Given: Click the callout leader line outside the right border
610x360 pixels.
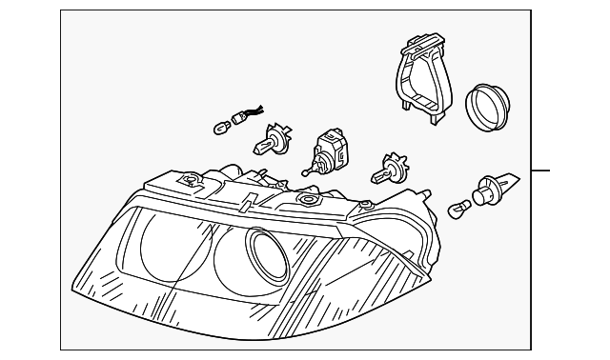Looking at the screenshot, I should pyautogui.click(x=541, y=170).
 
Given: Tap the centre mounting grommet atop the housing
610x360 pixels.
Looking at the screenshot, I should pyautogui.click(x=307, y=199).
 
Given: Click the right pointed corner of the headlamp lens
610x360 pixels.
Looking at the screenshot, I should pyautogui.click(x=430, y=276).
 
